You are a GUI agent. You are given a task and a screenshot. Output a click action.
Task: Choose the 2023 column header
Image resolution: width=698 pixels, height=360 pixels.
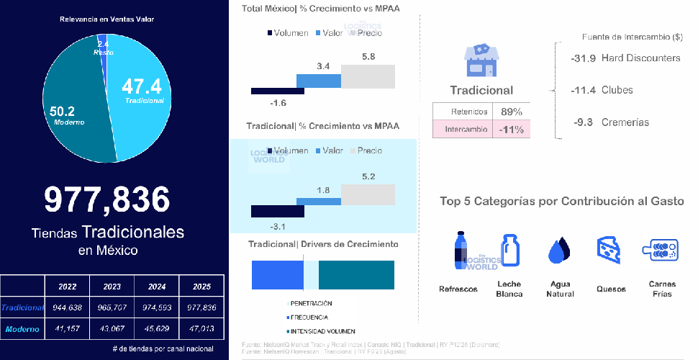click(x=111, y=286)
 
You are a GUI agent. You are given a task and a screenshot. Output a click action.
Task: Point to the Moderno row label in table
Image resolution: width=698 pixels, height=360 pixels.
click(x=22, y=329)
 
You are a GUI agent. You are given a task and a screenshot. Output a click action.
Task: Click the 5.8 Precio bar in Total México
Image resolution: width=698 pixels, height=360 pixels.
click(x=368, y=76)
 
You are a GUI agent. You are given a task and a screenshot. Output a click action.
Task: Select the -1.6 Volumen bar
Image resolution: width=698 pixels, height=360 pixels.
click(x=277, y=91)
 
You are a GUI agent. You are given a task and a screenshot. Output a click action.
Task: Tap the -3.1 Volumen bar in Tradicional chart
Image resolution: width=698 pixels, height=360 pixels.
click(x=277, y=211)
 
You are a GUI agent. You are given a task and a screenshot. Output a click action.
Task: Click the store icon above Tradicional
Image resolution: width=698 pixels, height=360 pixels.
click(x=481, y=60)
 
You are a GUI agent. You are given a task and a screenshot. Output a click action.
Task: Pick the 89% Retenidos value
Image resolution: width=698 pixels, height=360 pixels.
click(x=512, y=112)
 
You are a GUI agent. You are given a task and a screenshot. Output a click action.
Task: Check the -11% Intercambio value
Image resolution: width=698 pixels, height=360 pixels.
click(x=512, y=130)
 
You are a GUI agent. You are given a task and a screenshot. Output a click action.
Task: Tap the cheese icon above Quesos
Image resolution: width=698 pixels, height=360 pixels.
click(x=607, y=250)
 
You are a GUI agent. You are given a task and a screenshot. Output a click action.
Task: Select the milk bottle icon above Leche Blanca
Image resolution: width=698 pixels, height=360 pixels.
click(x=510, y=250)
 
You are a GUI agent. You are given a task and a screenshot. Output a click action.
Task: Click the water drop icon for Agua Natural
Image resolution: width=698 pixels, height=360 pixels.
click(x=559, y=251)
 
